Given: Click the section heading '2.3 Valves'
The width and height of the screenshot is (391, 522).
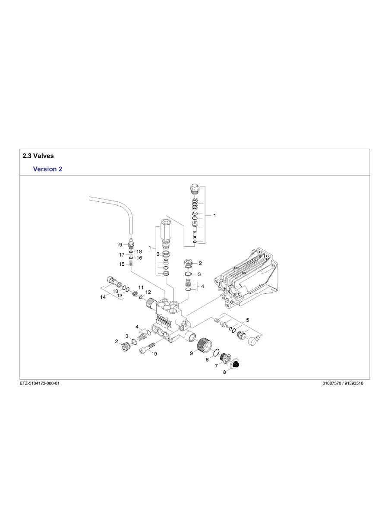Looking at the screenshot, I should (38, 156).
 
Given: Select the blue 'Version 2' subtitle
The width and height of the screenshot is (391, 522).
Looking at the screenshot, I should (47, 169).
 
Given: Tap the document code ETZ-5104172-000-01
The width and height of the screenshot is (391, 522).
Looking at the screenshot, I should (39, 383).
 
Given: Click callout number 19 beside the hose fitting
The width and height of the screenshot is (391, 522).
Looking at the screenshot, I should (120, 245).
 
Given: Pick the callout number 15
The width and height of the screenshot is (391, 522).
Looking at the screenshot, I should (122, 264).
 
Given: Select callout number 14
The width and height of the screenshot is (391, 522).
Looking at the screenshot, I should (103, 297).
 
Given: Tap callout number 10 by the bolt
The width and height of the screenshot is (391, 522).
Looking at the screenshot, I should (154, 353).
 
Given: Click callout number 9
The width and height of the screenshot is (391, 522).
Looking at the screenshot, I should (191, 353).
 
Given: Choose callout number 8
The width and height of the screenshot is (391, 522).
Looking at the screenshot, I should (224, 372).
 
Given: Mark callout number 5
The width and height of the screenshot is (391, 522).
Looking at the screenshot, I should (247, 320).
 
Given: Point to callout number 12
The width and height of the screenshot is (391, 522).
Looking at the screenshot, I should (148, 292).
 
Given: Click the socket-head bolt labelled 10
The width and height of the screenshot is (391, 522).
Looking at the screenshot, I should (146, 347).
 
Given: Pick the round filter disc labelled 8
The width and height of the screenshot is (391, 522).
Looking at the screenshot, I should (236, 364).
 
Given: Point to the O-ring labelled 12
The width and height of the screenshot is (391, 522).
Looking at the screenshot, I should (141, 297).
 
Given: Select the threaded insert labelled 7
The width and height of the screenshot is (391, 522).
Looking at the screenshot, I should (224, 358).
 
